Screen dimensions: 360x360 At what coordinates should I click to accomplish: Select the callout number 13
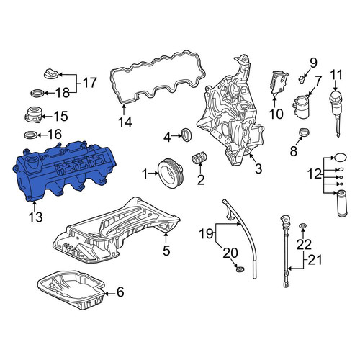(35, 217)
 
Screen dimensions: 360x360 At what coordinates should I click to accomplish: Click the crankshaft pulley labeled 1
(171, 174)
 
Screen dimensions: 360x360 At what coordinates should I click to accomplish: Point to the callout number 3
(258, 168)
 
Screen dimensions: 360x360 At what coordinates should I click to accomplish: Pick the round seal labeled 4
(187, 135)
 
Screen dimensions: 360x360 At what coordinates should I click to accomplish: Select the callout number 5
(166, 251)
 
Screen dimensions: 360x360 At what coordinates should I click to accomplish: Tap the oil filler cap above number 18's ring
(51, 73)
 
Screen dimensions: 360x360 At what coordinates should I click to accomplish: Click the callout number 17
(89, 83)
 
